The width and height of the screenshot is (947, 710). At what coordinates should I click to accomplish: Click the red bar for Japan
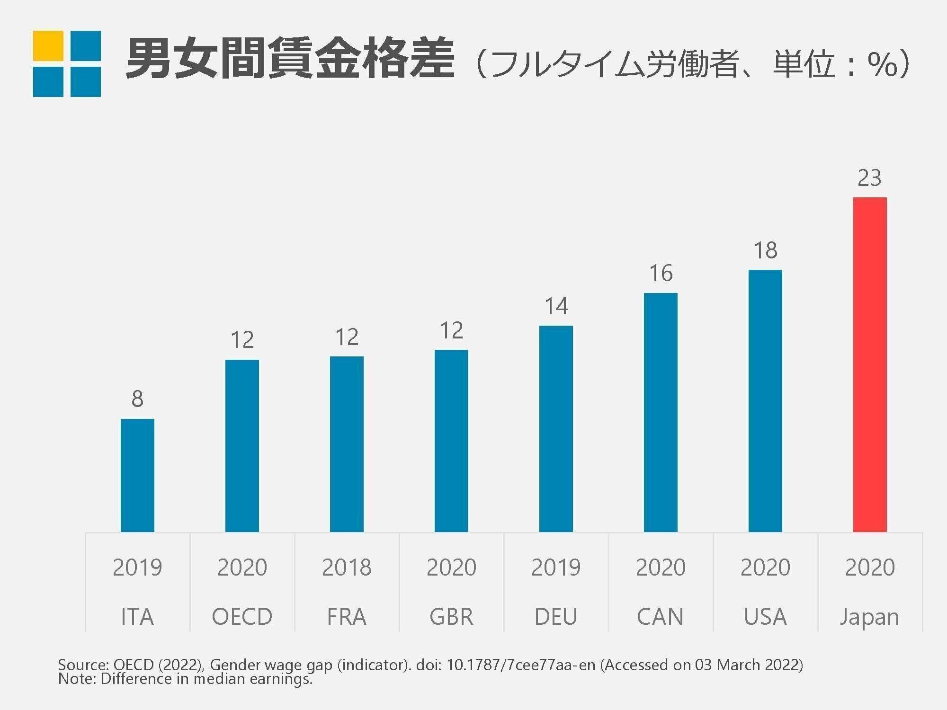tap(870, 364)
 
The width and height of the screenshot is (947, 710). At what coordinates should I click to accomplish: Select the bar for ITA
tap(137, 475)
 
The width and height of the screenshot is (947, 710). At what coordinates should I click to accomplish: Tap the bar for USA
tap(765, 401)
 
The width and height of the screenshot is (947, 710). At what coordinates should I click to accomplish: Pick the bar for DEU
tap(556, 429)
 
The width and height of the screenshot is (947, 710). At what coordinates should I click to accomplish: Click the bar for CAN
tap(661, 412)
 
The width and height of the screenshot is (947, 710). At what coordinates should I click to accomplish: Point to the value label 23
tap(869, 178)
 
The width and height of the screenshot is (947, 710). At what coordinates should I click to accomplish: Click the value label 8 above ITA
tap(137, 399)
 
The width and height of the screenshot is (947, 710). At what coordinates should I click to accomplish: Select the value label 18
tap(765, 250)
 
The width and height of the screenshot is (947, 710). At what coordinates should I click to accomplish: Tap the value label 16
tap(661, 274)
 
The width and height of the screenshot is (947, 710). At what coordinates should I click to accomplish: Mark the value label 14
tap(556, 307)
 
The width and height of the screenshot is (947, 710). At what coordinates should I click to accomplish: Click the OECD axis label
tap(242, 617)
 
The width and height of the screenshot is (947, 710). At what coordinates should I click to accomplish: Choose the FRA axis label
tap(347, 617)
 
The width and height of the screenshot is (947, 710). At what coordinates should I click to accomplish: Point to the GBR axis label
tap(451, 617)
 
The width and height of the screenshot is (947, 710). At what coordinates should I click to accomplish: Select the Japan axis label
tap(869, 617)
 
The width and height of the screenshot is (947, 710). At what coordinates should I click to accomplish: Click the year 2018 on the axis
tap(347, 567)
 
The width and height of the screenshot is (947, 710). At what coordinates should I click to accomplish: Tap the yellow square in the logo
tap(48, 46)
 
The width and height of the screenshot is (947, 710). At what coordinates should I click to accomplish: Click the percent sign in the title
tap(882, 65)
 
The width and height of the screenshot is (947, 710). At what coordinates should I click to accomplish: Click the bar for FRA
tap(347, 444)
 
